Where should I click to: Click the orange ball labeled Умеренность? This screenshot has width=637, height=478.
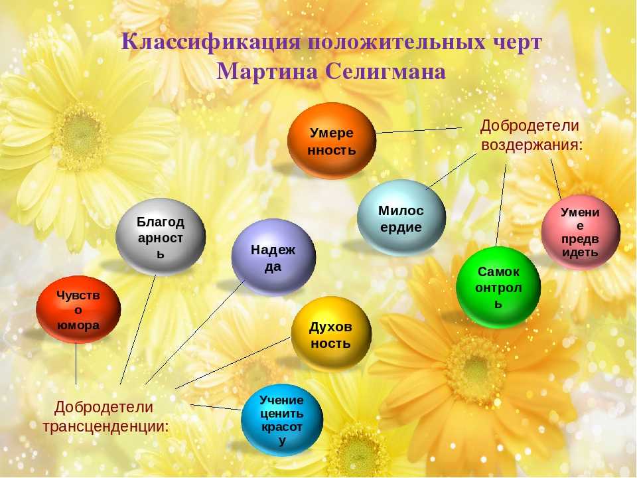[332, 140]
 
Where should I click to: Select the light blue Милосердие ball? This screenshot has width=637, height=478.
[401, 218]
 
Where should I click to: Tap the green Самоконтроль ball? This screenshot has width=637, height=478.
[498, 287]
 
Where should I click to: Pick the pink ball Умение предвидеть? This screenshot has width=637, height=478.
[581, 232]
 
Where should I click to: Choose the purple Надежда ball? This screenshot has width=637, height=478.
[273, 258]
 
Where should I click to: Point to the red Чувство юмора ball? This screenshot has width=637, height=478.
[78, 310]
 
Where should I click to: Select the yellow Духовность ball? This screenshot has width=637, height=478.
[331, 334]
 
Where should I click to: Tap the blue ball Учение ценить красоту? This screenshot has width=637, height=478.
[282, 420]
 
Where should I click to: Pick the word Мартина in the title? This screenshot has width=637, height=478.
[267, 72]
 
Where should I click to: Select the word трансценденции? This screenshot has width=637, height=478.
[106, 426]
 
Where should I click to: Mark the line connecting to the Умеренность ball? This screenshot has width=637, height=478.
[419, 130]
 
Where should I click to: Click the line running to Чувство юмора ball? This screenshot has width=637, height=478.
[76, 363]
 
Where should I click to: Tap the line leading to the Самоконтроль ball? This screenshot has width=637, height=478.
[501, 204]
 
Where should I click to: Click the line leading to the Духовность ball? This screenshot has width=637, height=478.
[233, 362]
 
